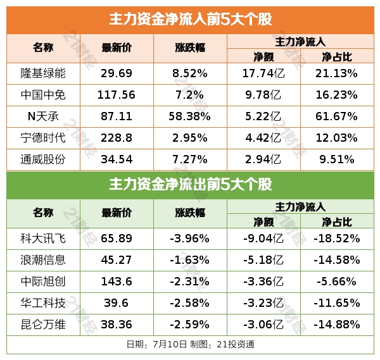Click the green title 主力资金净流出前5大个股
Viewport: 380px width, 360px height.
(x=190, y=185)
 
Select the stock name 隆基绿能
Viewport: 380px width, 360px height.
(x=43, y=73)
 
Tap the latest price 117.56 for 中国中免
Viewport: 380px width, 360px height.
(x=117, y=95)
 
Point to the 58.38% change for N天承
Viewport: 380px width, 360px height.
(x=190, y=116)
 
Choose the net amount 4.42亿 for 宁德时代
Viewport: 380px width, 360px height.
(x=263, y=138)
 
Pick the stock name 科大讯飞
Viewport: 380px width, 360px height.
(x=43, y=239)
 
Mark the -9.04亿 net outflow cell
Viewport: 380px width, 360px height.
(x=263, y=239)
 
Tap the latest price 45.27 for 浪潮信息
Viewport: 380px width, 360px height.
(x=117, y=260)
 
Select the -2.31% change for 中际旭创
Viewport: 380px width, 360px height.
(x=190, y=282)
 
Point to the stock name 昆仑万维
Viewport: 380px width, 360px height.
(x=43, y=325)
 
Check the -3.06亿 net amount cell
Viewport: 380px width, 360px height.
(x=263, y=325)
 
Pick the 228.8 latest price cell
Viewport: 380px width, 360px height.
(x=117, y=138)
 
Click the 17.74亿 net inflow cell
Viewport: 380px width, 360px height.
(x=263, y=73)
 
